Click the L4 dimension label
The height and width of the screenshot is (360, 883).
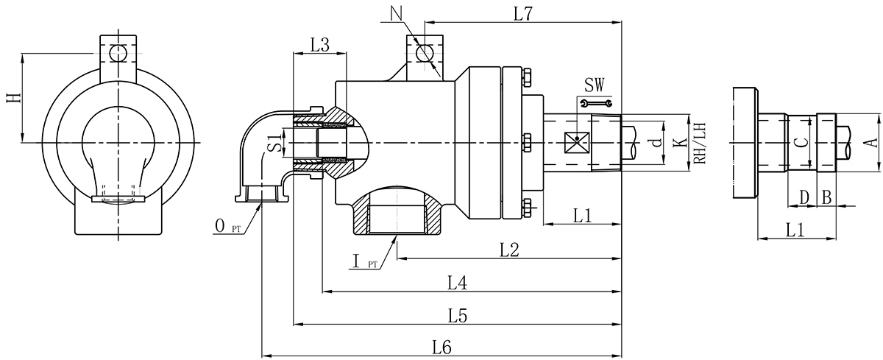458,283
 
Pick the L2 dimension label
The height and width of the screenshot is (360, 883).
511,250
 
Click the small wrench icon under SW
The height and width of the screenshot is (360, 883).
595,104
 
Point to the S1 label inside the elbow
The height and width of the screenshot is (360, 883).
273,142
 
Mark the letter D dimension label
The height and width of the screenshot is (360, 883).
804,197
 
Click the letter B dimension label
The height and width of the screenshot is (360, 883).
826,197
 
